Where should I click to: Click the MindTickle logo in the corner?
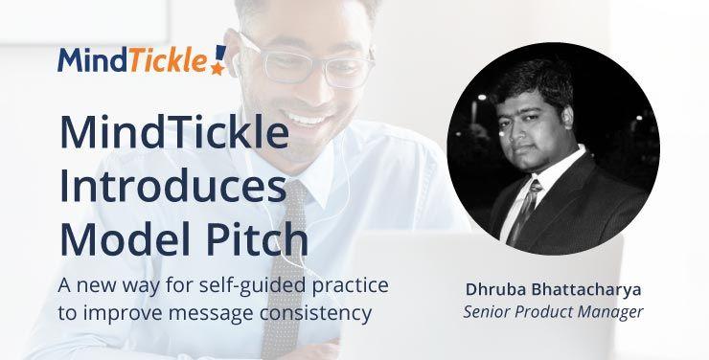[x=142, y=59]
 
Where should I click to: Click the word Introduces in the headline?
[x=172, y=183]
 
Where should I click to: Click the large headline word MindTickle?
[x=172, y=132]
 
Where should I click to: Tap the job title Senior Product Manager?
[x=553, y=312]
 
